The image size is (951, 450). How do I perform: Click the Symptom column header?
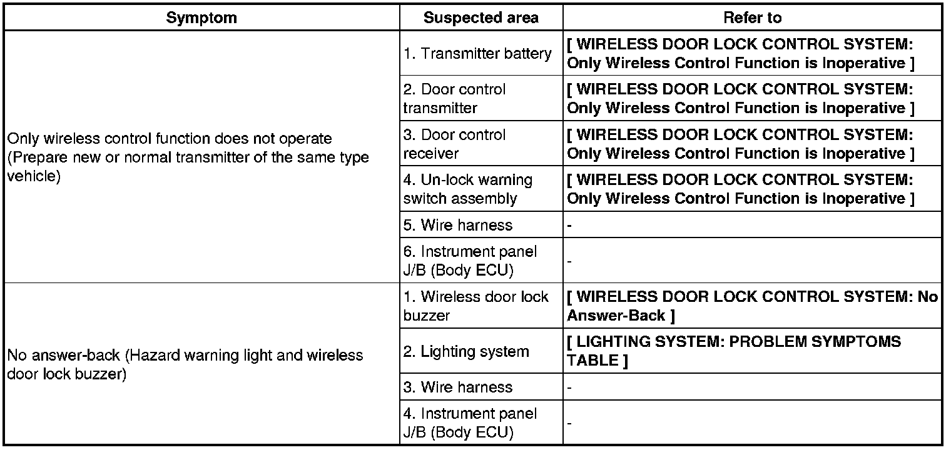(x=201, y=17)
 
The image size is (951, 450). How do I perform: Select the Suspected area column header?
(x=481, y=17)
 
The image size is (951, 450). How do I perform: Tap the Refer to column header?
(x=752, y=17)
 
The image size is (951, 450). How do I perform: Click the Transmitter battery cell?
(x=477, y=54)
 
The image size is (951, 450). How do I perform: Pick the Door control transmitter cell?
(x=454, y=99)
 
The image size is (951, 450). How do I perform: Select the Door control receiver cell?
(x=454, y=144)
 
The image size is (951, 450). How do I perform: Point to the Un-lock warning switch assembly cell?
(x=467, y=189)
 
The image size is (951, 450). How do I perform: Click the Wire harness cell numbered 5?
(x=457, y=225)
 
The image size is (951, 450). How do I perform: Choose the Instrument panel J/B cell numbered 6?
(x=470, y=261)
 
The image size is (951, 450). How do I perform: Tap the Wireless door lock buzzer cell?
(x=475, y=306)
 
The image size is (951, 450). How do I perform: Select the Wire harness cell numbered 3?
(x=457, y=387)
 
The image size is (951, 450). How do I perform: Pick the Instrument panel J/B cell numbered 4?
(x=470, y=422)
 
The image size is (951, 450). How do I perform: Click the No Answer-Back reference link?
(x=752, y=306)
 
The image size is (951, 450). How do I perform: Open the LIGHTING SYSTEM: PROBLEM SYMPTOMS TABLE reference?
(x=733, y=351)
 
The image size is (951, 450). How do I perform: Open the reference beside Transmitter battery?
(x=740, y=54)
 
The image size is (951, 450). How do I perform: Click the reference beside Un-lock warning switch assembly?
(x=740, y=189)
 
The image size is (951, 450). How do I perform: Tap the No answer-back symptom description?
(x=185, y=364)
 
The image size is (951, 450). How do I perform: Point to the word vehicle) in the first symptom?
(x=33, y=176)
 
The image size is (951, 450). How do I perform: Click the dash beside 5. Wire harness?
(x=569, y=225)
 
